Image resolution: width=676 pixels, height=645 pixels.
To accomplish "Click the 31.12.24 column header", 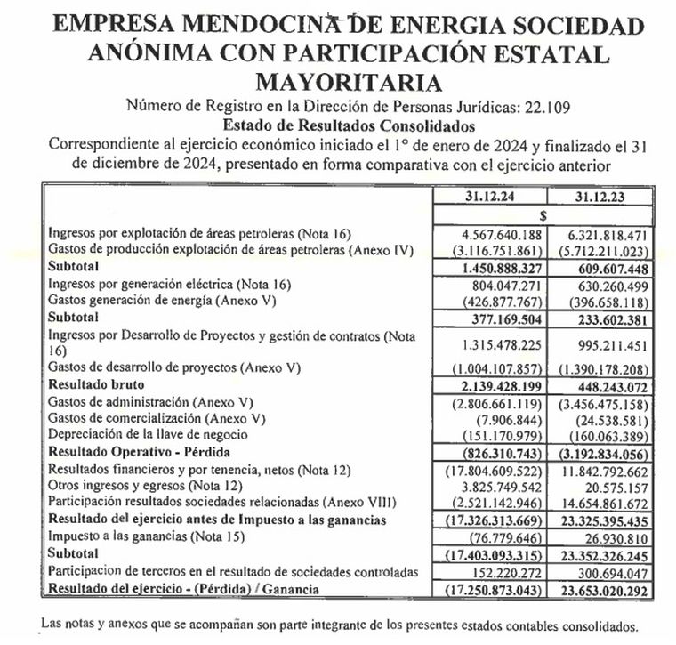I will (487, 195).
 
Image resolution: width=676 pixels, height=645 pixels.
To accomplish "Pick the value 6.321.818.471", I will (603, 233).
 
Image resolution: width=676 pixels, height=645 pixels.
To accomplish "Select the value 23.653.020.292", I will (600, 589).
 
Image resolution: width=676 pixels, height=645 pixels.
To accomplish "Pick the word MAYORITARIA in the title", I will (348, 83).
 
